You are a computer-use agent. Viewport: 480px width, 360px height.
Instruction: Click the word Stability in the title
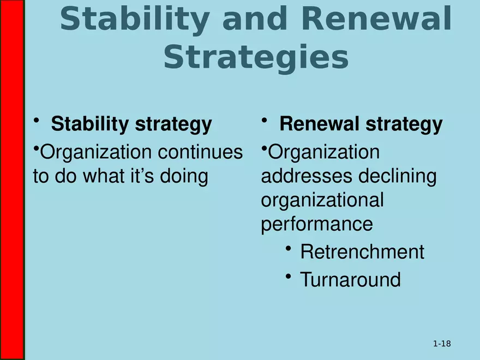(134, 20)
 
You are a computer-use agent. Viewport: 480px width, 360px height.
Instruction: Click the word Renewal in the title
(376, 20)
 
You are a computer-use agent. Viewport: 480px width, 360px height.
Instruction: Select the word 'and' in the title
(254, 20)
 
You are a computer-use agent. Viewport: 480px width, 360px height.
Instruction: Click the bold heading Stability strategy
(131, 124)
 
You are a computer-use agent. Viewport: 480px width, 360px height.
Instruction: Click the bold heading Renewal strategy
(361, 124)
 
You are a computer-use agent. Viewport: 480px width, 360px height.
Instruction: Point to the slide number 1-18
(442, 344)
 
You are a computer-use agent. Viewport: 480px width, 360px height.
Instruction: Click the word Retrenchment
(362, 252)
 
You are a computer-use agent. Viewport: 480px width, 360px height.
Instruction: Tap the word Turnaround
(350, 280)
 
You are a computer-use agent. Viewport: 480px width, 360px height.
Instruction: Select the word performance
(317, 224)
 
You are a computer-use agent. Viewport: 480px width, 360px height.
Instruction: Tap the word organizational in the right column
(322, 200)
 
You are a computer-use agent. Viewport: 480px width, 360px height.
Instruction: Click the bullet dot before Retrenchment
(288, 249)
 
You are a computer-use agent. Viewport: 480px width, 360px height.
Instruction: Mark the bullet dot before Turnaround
(288, 277)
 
